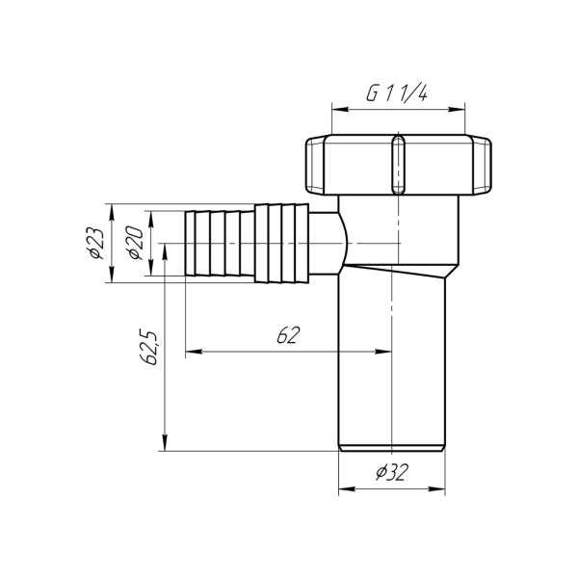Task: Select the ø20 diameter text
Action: pyautogui.click(x=134, y=242)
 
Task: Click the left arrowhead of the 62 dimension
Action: pyautogui.click(x=191, y=353)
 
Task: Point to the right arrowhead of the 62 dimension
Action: pyautogui.click(x=389, y=353)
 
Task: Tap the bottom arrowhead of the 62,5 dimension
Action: pyautogui.click(x=167, y=444)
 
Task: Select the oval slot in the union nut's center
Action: pyautogui.click(x=396, y=165)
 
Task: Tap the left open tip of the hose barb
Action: pyautogui.click(x=187, y=242)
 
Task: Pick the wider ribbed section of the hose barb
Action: pyautogui.click(x=280, y=243)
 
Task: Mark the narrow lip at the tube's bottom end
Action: pyautogui.click(x=393, y=447)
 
